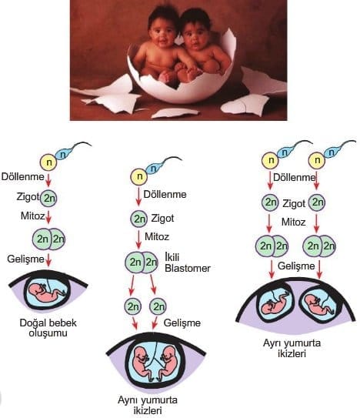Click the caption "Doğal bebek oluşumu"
click(48, 328)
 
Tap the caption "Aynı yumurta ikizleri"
click(148, 405)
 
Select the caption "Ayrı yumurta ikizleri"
click(292, 348)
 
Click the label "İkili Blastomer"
click(188, 263)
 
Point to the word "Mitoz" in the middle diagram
click(157, 236)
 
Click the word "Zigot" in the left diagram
click(28, 196)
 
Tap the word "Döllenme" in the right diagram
click(294, 177)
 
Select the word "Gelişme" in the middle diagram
click(182, 323)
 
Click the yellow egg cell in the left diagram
click(48, 162)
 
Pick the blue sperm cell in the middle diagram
click(155, 168)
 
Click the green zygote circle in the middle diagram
click(138, 219)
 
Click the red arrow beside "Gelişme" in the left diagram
click(48, 260)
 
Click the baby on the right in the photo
click(203, 44)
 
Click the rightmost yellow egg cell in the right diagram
click(317, 160)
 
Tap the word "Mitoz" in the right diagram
click(293, 222)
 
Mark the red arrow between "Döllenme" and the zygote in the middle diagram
click(138, 197)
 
